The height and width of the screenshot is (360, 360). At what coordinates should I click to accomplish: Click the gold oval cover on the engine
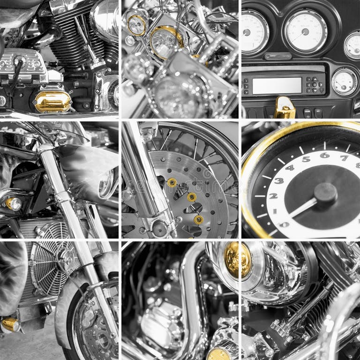click(52, 101)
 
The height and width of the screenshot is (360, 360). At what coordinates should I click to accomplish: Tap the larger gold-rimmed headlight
click(166, 42)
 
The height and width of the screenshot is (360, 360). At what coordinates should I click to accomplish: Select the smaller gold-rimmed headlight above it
click(137, 25)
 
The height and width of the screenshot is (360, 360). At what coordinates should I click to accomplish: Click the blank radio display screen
click(277, 85)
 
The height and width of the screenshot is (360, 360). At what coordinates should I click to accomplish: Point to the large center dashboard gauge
click(305, 32)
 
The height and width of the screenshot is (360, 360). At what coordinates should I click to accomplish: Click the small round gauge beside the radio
click(345, 82)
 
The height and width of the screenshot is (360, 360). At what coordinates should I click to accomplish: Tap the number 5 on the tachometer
click(306, 159)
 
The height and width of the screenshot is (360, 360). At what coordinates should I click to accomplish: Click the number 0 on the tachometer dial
click(284, 225)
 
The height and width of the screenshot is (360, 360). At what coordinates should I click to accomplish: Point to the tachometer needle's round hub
click(325, 192)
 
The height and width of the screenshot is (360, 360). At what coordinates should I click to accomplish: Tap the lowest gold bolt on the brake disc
click(199, 219)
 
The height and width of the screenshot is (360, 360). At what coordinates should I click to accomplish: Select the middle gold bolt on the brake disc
click(191, 197)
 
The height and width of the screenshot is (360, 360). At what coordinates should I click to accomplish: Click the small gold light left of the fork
click(13, 204)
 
